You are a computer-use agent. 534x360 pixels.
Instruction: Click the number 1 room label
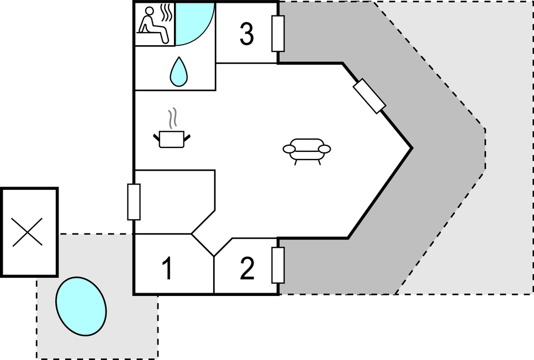click(x=166, y=269)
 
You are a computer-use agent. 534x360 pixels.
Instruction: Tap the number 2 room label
click(x=247, y=269)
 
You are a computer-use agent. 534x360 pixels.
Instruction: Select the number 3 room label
click(x=246, y=34)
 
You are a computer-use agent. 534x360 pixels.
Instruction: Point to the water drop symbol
click(x=178, y=72)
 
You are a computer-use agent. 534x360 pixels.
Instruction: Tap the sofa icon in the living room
click(x=306, y=149)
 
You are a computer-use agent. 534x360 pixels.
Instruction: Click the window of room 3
click(x=278, y=34)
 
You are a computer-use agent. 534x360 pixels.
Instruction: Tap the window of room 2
click(x=278, y=265)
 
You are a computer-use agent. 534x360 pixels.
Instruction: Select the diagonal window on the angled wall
click(x=368, y=97)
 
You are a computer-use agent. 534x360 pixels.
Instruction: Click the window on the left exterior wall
click(x=134, y=202)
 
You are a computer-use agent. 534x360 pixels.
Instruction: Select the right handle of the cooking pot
click(x=188, y=136)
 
